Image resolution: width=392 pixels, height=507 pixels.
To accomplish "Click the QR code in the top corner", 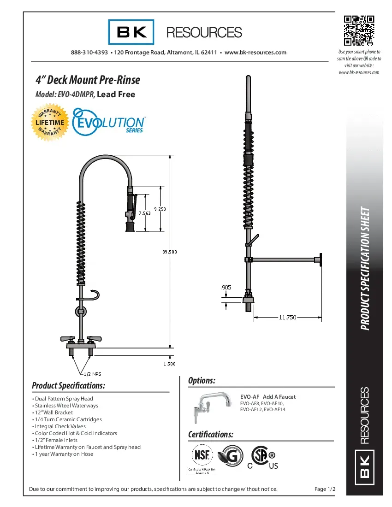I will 358,31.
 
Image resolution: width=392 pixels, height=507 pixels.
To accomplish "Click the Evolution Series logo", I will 109,121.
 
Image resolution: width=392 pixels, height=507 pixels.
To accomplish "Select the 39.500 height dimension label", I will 169,252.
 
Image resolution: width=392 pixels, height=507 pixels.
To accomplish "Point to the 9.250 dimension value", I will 160,209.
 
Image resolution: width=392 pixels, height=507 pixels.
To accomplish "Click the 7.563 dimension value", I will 145,213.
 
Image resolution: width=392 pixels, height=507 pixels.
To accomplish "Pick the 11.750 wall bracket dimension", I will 287,317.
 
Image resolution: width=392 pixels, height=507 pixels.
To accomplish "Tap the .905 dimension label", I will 226,287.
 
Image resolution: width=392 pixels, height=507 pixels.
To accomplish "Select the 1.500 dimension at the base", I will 169,364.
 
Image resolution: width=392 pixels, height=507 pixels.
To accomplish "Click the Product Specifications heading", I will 69,385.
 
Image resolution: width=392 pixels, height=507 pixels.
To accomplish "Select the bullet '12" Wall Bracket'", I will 53,413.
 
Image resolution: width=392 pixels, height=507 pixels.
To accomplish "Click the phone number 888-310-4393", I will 89,53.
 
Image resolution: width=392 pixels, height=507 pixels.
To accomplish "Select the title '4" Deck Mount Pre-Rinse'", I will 88,80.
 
